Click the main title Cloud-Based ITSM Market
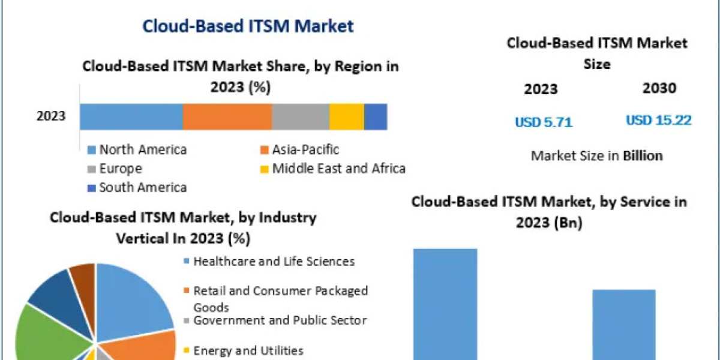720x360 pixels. coord(248,26)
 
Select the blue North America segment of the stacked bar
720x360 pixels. coord(131,116)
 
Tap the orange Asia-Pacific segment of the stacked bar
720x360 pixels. coord(227,116)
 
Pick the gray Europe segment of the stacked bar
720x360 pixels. coord(300,116)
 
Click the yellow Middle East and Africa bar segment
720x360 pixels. coord(346,116)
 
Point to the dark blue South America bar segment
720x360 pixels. coord(375,116)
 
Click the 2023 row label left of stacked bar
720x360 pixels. coord(51,116)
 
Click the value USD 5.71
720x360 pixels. coord(544,122)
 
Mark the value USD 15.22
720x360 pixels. coord(658,121)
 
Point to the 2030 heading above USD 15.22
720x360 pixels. coord(659,88)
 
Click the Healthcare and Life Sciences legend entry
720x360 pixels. coord(274,262)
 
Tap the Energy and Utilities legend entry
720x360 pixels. coord(248,350)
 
